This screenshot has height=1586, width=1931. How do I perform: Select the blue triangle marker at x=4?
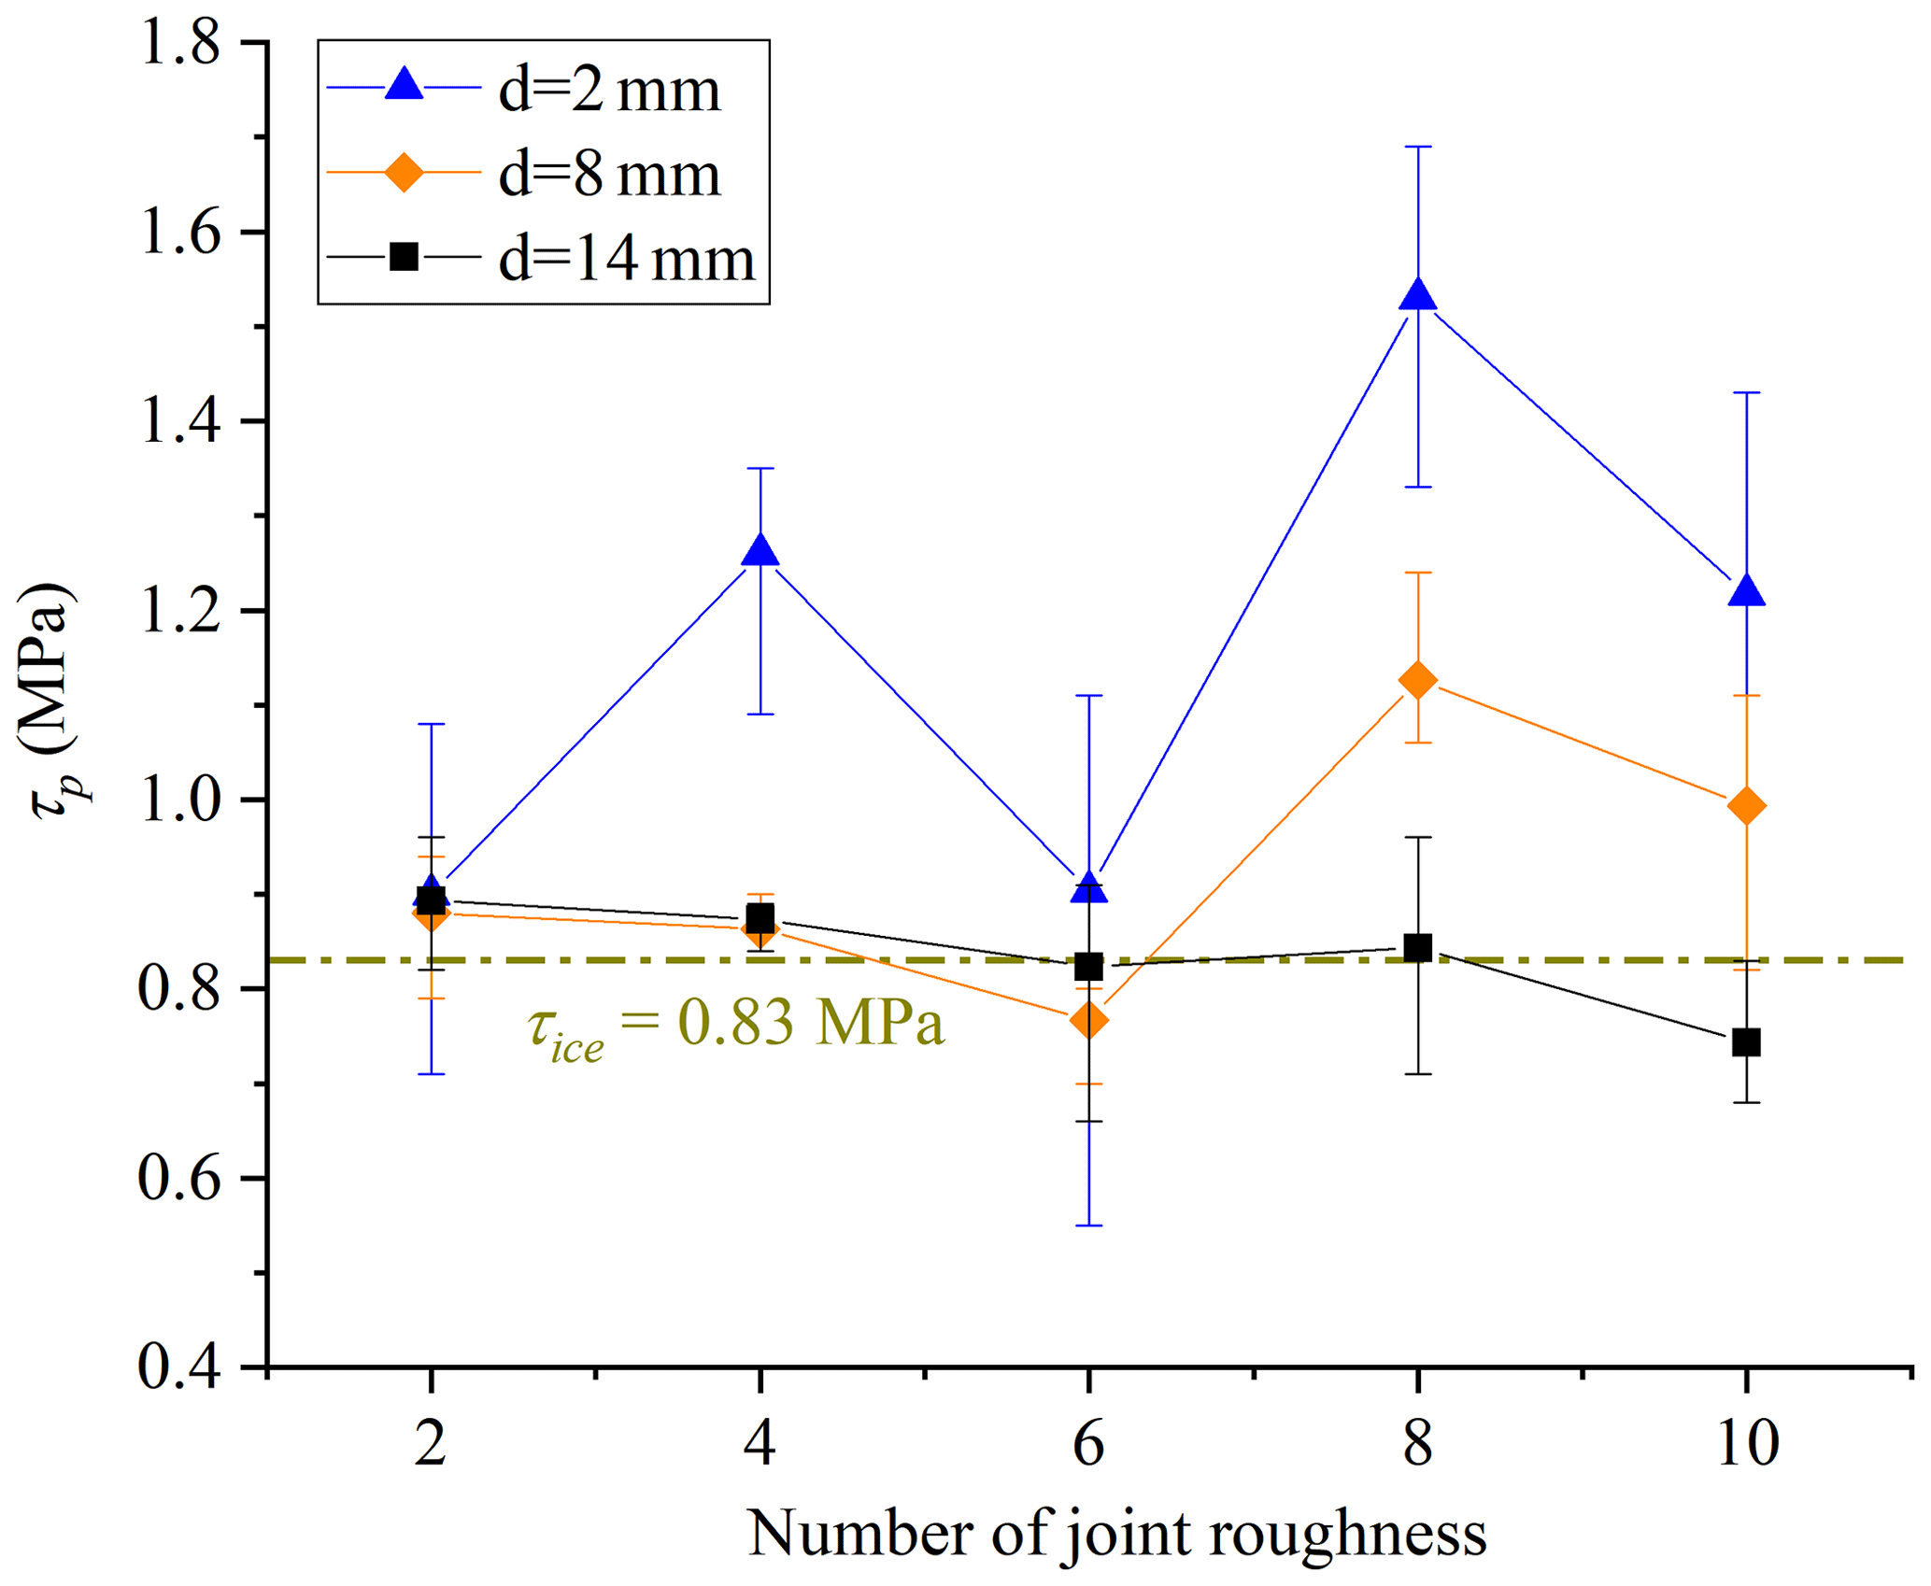[x=760, y=552]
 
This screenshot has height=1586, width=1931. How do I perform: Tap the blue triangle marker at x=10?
[x=1746, y=591]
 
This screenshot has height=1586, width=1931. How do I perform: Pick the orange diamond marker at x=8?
[x=1417, y=680]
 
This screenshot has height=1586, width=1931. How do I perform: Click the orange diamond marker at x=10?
[x=1746, y=805]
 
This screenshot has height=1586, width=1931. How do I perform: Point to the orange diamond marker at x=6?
[x=1088, y=1020]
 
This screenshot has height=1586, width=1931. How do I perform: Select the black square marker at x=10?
[x=1746, y=1042]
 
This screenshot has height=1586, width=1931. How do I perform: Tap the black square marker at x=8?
[x=1417, y=948]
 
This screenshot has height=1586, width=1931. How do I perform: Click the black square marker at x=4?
[x=760, y=918]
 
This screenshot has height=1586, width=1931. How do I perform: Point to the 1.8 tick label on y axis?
[x=180, y=44]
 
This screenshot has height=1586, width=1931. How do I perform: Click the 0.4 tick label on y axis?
[x=180, y=1367]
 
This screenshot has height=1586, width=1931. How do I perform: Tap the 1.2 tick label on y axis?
[x=180, y=611]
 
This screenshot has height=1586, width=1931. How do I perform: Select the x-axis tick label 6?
[x=1088, y=1443]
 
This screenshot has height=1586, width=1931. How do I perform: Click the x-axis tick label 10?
[x=1746, y=1443]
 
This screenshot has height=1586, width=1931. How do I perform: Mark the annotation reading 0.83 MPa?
[x=736, y=1025]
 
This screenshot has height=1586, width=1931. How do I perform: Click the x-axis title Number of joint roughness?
[x=1116, y=1534]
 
